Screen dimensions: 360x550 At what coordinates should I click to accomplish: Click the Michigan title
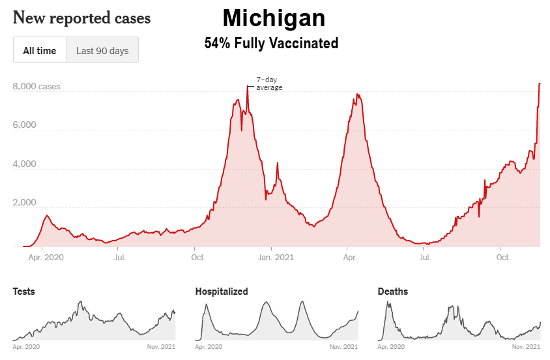coord(274,18)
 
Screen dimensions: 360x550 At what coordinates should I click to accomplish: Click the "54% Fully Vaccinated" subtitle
coord(271,44)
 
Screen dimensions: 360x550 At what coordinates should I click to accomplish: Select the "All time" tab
coord(40,50)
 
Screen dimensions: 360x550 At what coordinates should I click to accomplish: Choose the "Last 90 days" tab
coord(102,50)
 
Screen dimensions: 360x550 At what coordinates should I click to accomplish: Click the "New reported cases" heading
coord(81,18)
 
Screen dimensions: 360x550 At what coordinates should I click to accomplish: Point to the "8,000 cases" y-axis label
coord(36,86)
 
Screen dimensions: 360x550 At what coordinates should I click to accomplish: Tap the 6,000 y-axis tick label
coord(25,125)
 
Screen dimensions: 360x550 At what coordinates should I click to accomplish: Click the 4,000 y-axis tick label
coord(25,164)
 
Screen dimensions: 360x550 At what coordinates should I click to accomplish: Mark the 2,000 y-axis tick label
coord(25,203)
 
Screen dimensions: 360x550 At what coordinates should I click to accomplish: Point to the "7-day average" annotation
coord(268,83)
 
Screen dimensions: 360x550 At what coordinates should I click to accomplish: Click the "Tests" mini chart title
coord(24,292)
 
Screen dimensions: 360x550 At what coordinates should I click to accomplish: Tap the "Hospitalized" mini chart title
coord(222,292)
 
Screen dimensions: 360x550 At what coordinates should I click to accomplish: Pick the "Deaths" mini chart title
coord(393,292)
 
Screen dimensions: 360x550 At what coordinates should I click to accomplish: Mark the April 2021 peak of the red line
coord(357,95)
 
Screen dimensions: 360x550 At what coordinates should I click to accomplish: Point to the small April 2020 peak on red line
coord(46,215)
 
